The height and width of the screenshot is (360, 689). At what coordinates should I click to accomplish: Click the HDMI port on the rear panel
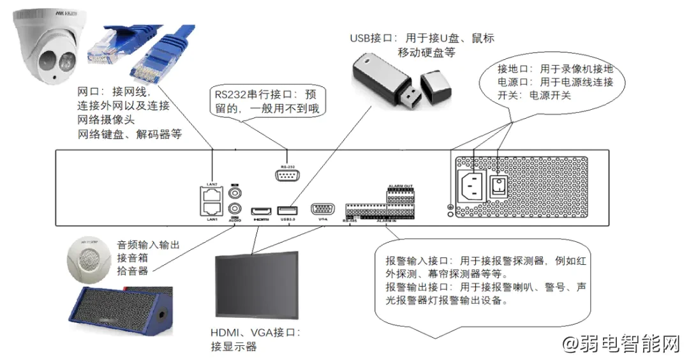click(x=260, y=210)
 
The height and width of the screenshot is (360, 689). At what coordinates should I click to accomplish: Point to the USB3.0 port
click(x=287, y=210)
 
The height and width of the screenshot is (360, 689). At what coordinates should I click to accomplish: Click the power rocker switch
click(x=498, y=186)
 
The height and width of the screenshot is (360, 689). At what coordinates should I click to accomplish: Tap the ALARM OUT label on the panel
click(x=400, y=186)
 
